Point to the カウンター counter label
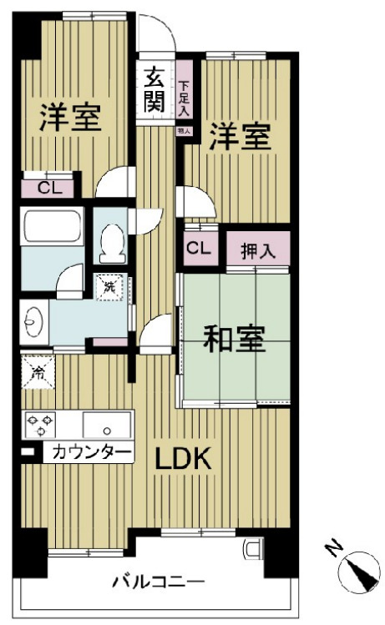tap(92, 453)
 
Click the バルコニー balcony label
tap(159, 582)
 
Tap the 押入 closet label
tap(257, 249)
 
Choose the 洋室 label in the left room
tap(70, 118)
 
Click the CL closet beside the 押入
tap(198, 248)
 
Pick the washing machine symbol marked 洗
tap(109, 288)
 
